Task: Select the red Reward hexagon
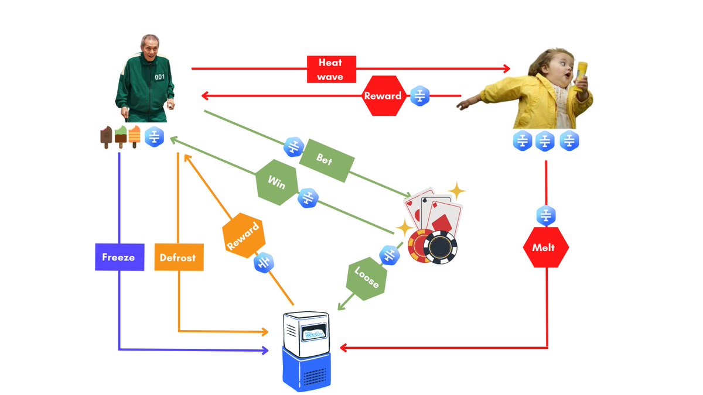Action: (383, 95)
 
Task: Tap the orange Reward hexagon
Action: (243, 238)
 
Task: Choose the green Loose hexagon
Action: (367, 277)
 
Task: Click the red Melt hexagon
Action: (545, 248)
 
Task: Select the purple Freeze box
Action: (120, 257)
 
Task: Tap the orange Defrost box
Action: (179, 257)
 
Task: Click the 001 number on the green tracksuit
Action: (160, 77)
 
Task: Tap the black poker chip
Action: (440, 248)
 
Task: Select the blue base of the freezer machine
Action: (305, 369)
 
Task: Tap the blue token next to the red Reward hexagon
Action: (420, 95)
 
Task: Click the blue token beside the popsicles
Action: (155, 136)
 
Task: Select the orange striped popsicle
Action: (134, 136)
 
